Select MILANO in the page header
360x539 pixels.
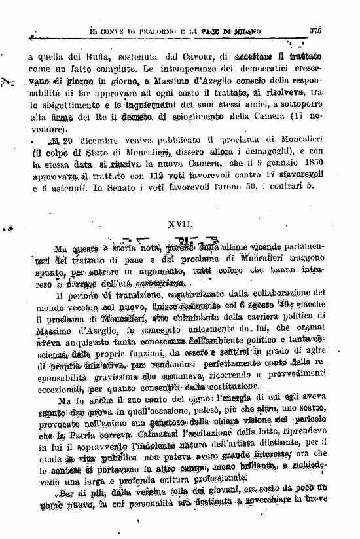point(245,31)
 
